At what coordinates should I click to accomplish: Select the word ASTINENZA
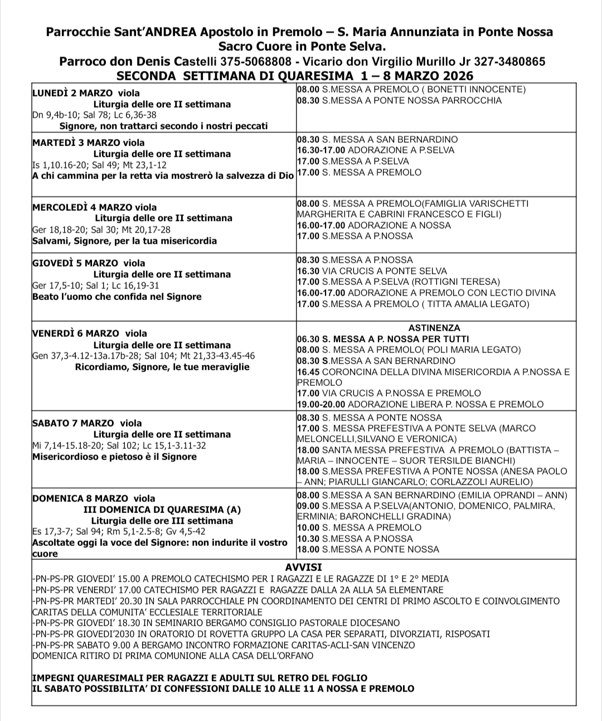(x=434, y=328)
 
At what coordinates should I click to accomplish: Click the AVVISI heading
(x=303, y=568)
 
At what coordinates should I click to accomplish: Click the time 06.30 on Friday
(x=308, y=339)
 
